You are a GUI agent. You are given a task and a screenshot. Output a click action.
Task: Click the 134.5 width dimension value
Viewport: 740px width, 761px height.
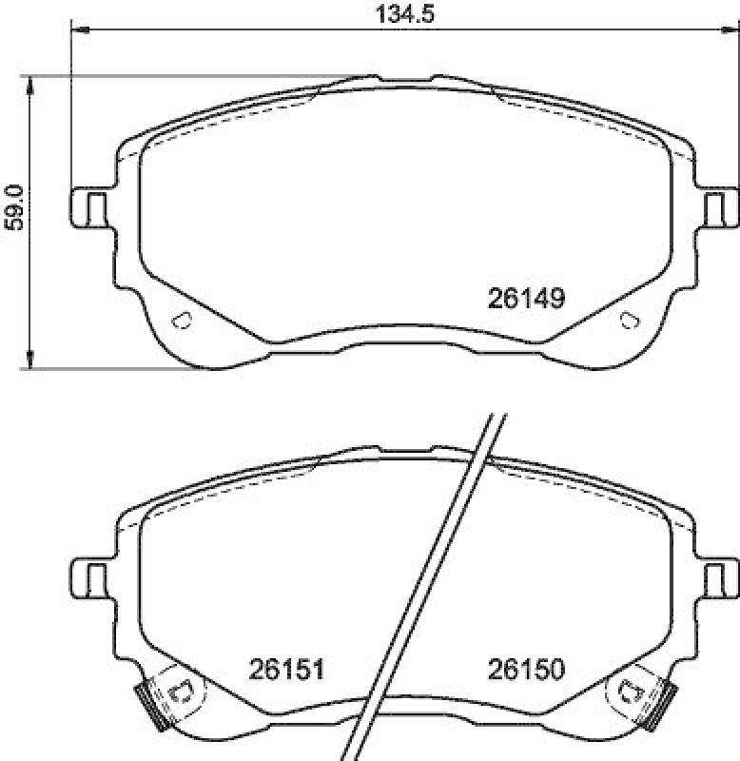(x=405, y=13)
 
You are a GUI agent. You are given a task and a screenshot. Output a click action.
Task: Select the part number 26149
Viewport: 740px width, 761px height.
(x=527, y=299)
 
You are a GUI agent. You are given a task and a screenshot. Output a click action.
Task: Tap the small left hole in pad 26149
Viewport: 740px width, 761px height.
(x=181, y=320)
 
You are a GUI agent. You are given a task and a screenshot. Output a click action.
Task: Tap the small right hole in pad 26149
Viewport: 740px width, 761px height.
(x=628, y=320)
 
